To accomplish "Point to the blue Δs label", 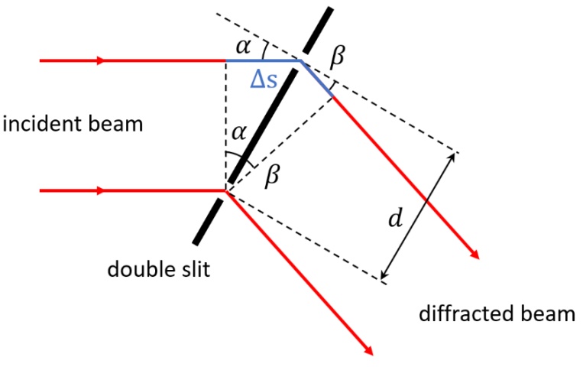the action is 264,80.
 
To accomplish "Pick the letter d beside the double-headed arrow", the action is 395,218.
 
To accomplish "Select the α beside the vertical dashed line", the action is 238,132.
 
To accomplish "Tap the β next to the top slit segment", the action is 338,57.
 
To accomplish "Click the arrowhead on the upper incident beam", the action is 101,60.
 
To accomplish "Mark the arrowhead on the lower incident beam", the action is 101,190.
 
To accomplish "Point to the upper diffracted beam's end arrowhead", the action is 474,254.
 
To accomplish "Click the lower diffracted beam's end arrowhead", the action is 368,351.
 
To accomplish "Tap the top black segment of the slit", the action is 318,31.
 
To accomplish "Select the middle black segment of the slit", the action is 263,126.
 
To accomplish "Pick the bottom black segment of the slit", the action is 208,222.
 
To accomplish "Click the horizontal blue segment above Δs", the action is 264,60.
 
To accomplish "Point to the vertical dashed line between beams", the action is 225,125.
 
